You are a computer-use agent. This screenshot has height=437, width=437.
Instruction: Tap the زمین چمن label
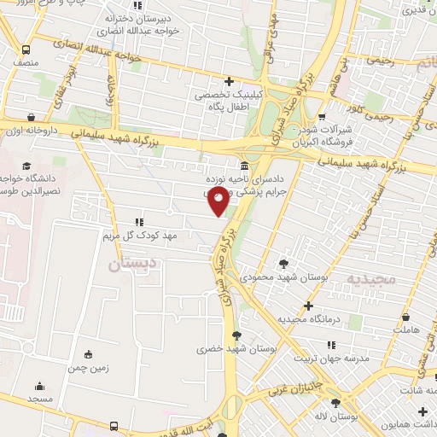tap(89, 369)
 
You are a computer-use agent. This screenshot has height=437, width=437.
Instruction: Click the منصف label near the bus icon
tap(26, 62)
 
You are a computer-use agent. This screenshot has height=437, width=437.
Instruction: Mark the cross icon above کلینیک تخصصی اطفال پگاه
tap(228, 80)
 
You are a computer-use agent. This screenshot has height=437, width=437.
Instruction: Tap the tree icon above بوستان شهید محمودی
tap(283, 264)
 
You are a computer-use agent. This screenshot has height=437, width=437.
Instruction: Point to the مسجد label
tap(39, 399)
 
